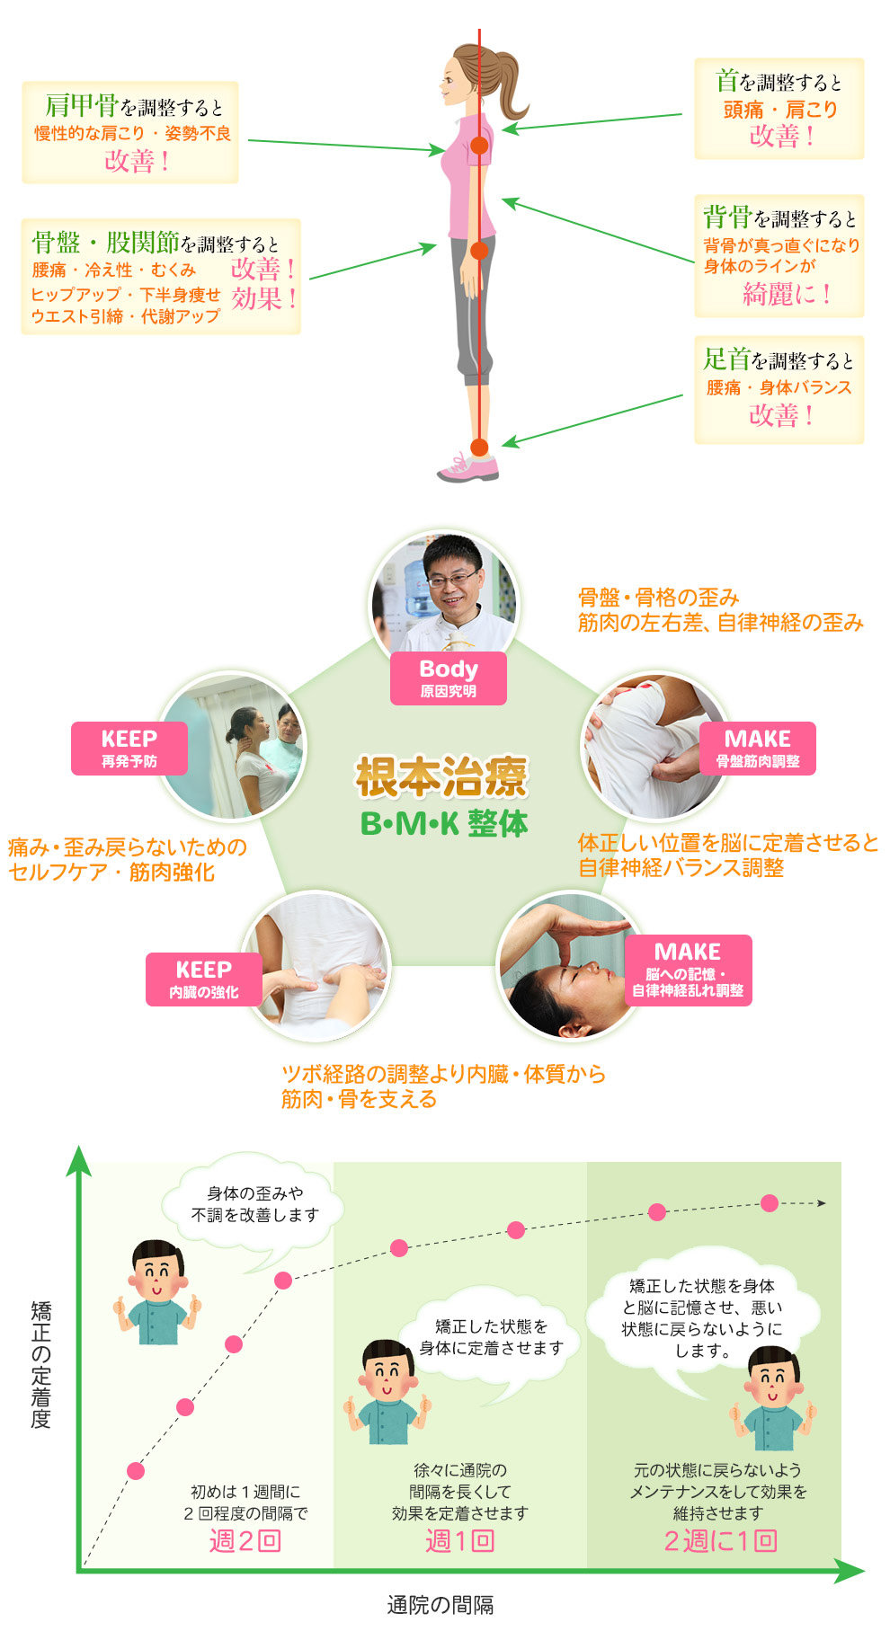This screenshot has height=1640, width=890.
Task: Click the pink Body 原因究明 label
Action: (448, 678)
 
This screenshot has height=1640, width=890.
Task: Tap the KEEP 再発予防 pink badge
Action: (129, 748)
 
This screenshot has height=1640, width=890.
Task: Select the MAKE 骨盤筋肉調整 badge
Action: (757, 748)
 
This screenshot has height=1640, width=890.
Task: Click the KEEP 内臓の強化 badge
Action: (204, 979)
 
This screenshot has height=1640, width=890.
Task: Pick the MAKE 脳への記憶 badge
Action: (688, 970)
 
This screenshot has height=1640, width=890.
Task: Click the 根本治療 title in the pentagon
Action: (441, 777)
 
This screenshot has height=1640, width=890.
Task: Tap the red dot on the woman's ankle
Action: (479, 447)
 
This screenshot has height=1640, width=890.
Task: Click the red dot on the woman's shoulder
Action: (479, 145)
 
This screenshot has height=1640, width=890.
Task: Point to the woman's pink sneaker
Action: (469, 468)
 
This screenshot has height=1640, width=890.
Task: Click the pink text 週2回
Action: (245, 1540)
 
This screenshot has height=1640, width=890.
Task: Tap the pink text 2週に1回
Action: (720, 1540)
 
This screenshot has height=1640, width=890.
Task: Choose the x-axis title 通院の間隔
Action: (441, 1605)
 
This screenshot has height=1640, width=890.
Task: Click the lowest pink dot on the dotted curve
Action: (136, 1471)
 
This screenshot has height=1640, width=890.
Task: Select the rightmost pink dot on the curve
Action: (770, 1203)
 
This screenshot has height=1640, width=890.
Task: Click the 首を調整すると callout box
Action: (779, 109)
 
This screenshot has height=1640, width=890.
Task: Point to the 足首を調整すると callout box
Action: (779, 389)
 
